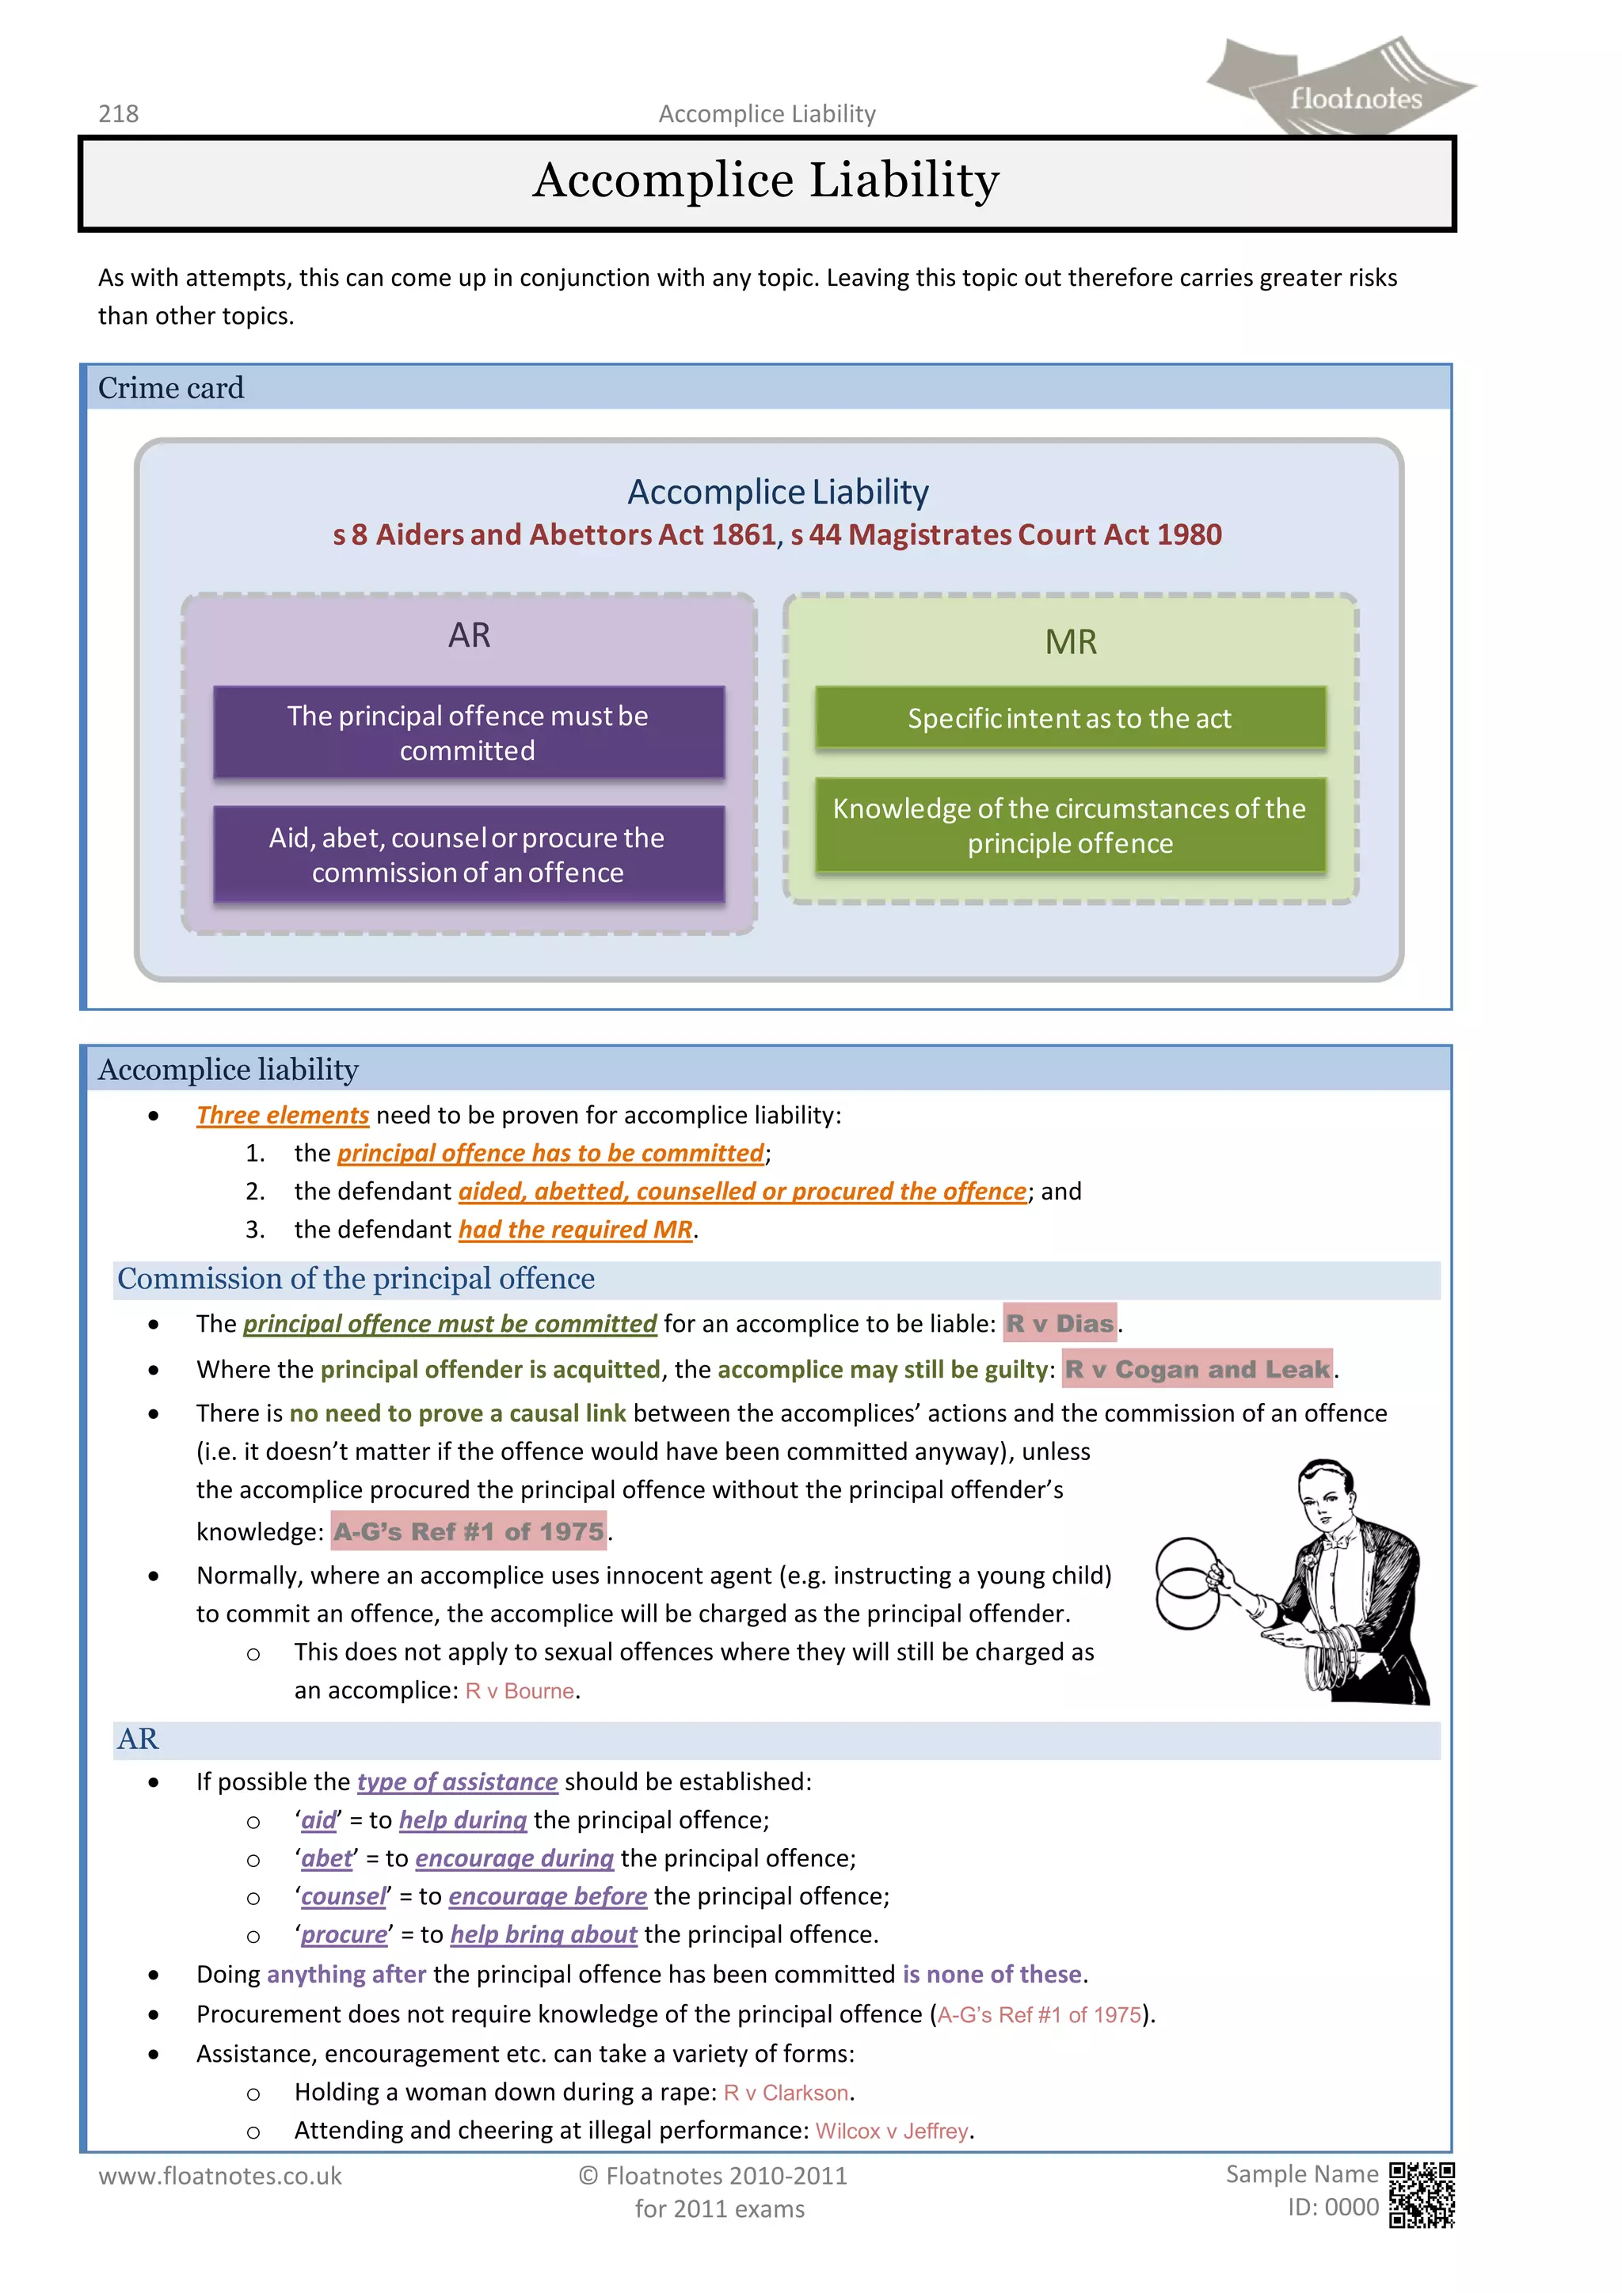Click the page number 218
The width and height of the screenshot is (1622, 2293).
tap(118, 114)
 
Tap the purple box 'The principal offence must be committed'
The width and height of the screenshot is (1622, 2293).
tap(468, 732)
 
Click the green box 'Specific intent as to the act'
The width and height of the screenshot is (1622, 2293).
tap(1070, 718)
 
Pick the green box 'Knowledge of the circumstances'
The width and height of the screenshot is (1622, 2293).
tap(1070, 825)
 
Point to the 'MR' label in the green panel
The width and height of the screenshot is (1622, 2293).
tap(1071, 641)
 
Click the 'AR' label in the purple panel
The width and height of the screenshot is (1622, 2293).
tap(470, 635)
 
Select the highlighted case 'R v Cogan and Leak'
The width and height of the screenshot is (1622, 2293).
tap(1197, 1369)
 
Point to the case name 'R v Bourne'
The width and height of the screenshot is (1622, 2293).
tap(520, 1690)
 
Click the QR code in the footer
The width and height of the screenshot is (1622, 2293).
tap(1422, 2195)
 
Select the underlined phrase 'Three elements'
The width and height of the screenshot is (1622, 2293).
tap(283, 1115)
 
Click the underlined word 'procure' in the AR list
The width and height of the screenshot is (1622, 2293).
tap(344, 1934)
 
